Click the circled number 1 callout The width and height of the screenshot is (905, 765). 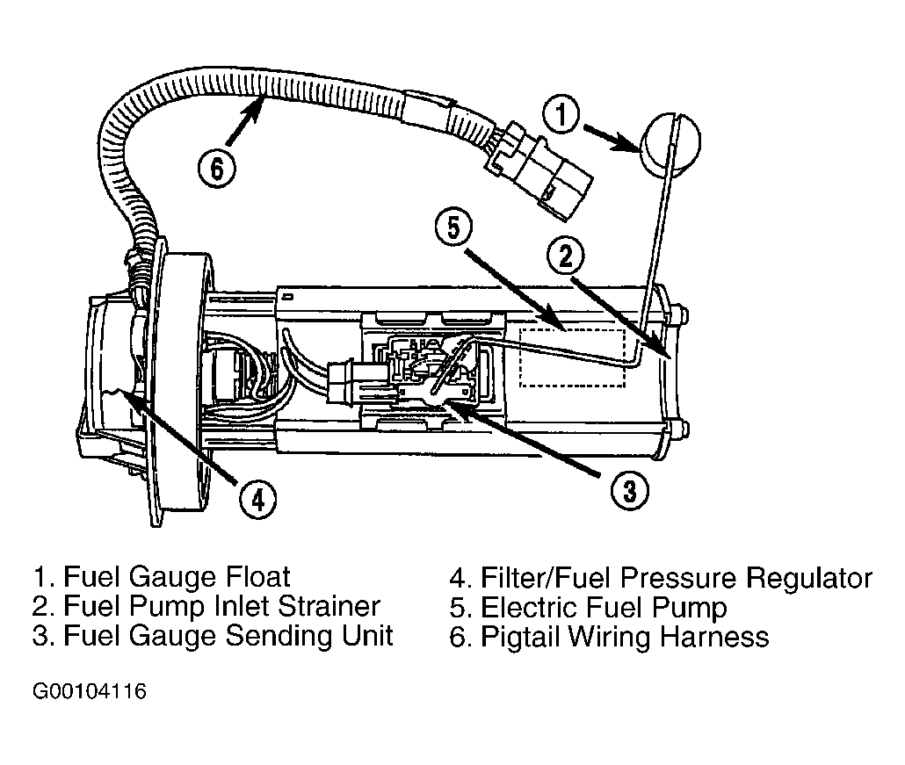coord(561,115)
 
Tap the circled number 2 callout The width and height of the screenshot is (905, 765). coord(566,256)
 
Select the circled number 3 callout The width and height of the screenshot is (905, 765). coord(630,490)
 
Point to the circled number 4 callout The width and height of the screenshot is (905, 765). coord(257,498)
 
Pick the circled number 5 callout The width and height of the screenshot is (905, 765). coord(453,227)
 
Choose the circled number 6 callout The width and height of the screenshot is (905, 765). coord(216,168)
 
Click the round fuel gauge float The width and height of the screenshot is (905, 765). coord(670,142)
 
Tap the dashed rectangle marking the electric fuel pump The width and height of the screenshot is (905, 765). coord(573,357)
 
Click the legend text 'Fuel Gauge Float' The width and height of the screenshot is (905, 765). coord(177,577)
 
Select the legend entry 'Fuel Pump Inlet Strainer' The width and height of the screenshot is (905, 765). coord(221,606)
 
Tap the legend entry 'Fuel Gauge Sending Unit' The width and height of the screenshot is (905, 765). coord(228,636)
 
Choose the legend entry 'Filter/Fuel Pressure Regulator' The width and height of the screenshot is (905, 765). coord(677,578)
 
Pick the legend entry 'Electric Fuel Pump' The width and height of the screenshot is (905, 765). coord(604,608)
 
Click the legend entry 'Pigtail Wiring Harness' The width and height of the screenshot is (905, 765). coord(625,637)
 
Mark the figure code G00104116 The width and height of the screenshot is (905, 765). coord(90,690)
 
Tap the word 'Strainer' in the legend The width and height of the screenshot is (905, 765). coord(329,606)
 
